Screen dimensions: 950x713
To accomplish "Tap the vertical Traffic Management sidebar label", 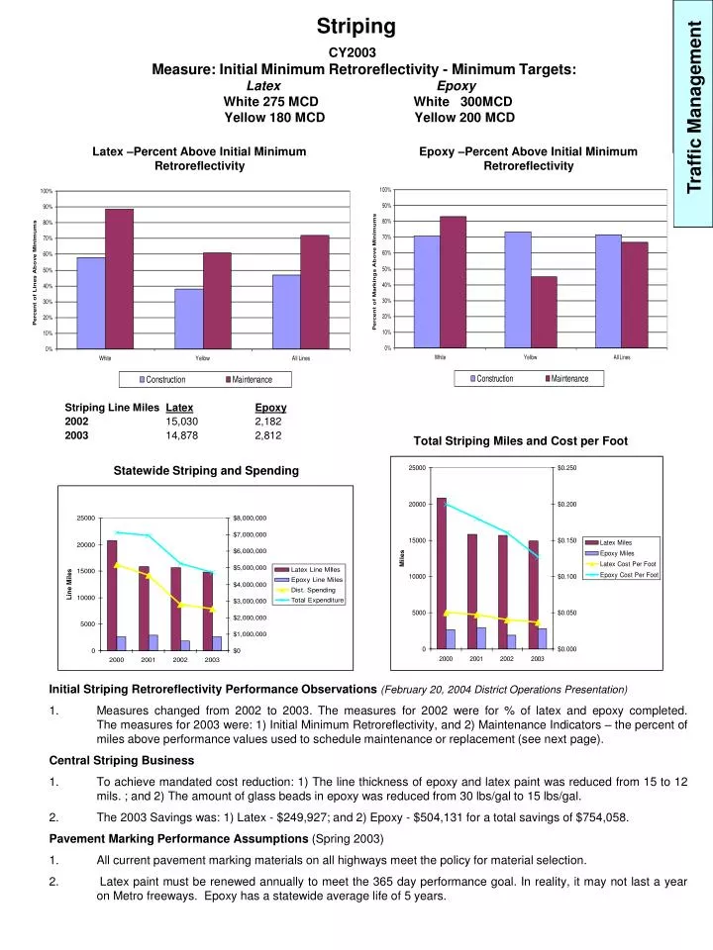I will [x=694, y=113].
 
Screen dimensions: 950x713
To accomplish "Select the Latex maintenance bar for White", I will [x=119, y=279].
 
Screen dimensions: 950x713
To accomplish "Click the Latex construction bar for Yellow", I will [x=188, y=319].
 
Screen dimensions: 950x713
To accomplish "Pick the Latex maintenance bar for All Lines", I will [x=314, y=292].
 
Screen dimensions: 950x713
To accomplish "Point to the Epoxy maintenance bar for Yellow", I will [x=544, y=312].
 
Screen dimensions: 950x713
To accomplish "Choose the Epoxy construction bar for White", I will [x=427, y=292].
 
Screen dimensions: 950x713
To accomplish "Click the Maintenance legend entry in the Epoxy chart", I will [x=568, y=379].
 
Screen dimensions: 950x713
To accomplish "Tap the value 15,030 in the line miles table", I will [x=182, y=422].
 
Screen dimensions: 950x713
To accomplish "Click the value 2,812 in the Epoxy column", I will [x=268, y=435].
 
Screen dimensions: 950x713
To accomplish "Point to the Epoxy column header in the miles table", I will [x=270, y=408].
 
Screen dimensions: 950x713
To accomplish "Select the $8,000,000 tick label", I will [x=250, y=518].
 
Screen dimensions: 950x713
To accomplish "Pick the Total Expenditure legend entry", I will [x=318, y=601].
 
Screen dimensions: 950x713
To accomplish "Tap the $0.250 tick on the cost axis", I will [x=567, y=468].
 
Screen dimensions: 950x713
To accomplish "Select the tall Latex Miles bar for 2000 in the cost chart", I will [x=441, y=573].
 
